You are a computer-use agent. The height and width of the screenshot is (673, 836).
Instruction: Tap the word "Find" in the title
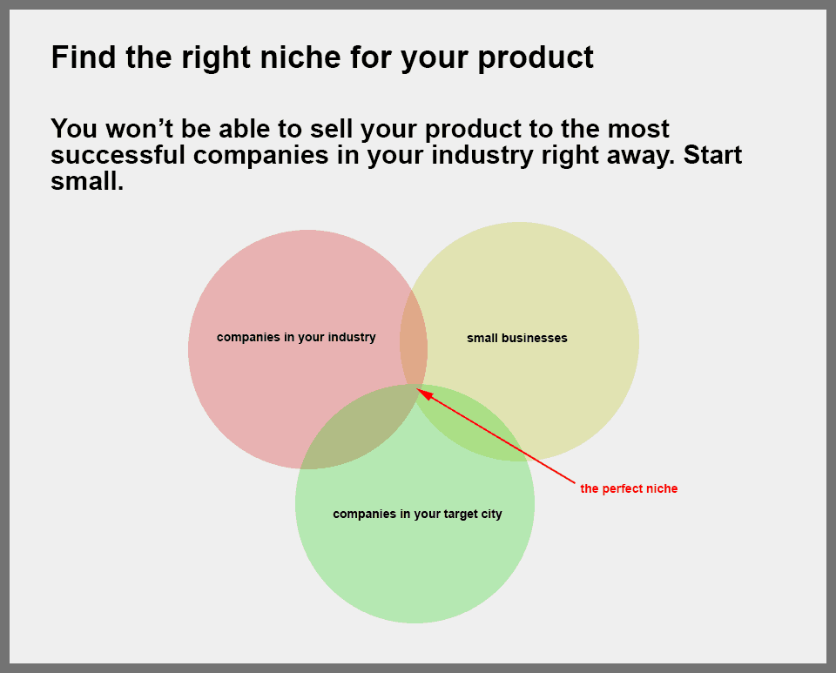tap(84, 57)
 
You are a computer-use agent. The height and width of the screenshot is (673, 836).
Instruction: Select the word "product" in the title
tap(536, 58)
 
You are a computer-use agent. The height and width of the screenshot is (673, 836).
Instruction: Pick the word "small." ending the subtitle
tap(87, 181)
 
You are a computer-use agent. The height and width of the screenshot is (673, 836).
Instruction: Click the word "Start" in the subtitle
tap(712, 155)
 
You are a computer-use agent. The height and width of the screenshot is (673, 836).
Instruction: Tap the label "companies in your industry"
tap(296, 337)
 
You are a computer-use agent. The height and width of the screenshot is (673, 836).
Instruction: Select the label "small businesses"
tap(517, 338)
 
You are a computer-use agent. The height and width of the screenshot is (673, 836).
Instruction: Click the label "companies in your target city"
tap(417, 515)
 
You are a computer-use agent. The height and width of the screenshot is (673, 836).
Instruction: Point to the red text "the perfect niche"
tap(629, 488)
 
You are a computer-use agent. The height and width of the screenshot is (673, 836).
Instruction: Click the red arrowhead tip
tap(416, 389)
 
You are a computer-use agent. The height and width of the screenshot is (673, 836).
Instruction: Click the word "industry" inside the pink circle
tap(352, 337)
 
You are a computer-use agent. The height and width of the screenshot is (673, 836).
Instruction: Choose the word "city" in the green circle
tap(491, 515)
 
